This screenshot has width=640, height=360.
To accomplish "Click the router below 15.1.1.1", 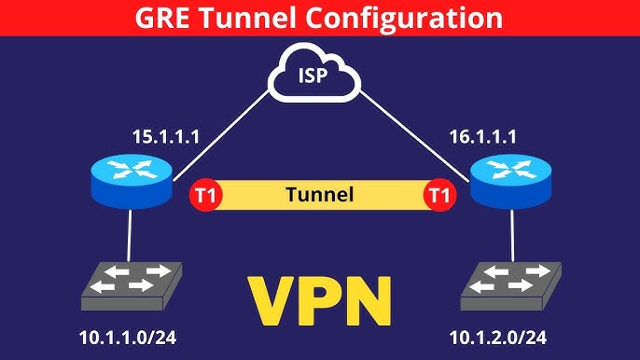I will (x=132, y=180).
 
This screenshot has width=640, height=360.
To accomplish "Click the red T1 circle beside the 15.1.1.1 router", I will (x=202, y=196).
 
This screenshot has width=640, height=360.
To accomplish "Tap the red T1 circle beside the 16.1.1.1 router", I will (x=436, y=196).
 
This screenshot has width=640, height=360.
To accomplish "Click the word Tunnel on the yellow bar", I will (x=319, y=196).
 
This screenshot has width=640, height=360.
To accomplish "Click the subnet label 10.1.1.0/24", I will (x=127, y=338).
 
